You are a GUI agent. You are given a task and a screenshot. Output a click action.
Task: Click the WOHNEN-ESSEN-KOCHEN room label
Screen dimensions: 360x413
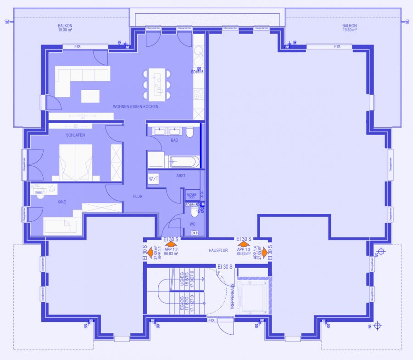[136, 107]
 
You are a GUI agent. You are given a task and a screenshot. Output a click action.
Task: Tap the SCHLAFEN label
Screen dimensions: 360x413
[75, 135]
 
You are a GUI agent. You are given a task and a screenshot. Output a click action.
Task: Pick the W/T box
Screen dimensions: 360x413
[153, 179]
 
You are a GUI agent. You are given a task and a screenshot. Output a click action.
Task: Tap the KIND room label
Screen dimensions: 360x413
[62, 202]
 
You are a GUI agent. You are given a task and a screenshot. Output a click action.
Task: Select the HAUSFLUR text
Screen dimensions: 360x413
[218, 251]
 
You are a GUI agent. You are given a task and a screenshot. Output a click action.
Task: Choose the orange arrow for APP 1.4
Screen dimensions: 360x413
[264, 252]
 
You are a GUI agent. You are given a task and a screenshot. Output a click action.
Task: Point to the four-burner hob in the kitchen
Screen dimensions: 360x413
[199, 94]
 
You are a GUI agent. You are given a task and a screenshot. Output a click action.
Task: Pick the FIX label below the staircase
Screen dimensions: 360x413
[212, 320]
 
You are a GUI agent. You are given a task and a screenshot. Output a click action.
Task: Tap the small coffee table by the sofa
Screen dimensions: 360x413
[90, 96]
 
